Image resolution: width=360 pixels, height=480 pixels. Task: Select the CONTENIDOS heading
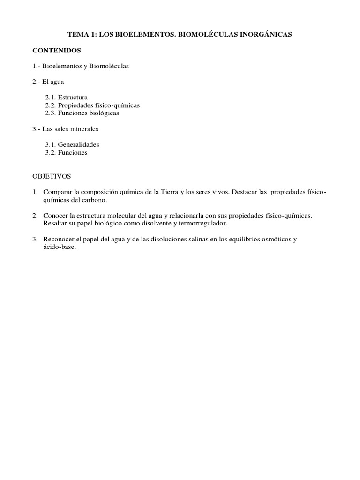57,50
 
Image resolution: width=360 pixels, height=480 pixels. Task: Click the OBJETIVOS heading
51,176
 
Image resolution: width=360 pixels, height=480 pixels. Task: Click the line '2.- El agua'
48,82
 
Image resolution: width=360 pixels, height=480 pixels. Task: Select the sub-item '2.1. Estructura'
66,97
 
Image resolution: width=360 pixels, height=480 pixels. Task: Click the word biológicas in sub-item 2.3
103,113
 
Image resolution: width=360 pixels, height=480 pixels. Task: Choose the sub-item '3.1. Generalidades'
72,144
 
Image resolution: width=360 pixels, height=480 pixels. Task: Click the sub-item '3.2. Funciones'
66,152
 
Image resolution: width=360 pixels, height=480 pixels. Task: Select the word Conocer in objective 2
55,215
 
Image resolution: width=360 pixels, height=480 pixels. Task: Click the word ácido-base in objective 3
59,247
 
